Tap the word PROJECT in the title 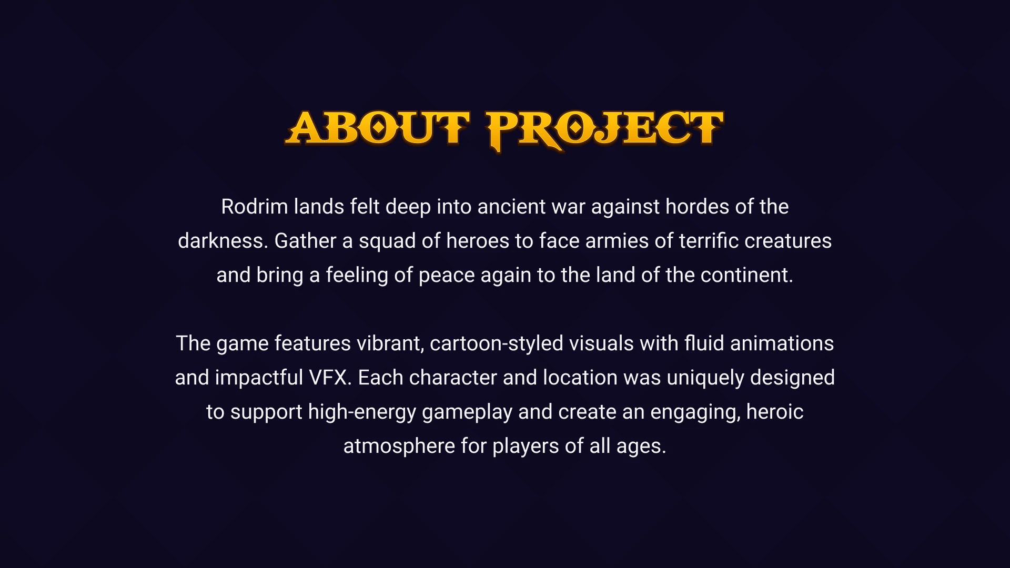tap(605, 129)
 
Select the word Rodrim tap(254, 207)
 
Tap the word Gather tap(305, 241)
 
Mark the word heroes tap(477, 241)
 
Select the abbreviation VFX tap(330, 378)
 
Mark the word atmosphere tap(399, 446)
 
